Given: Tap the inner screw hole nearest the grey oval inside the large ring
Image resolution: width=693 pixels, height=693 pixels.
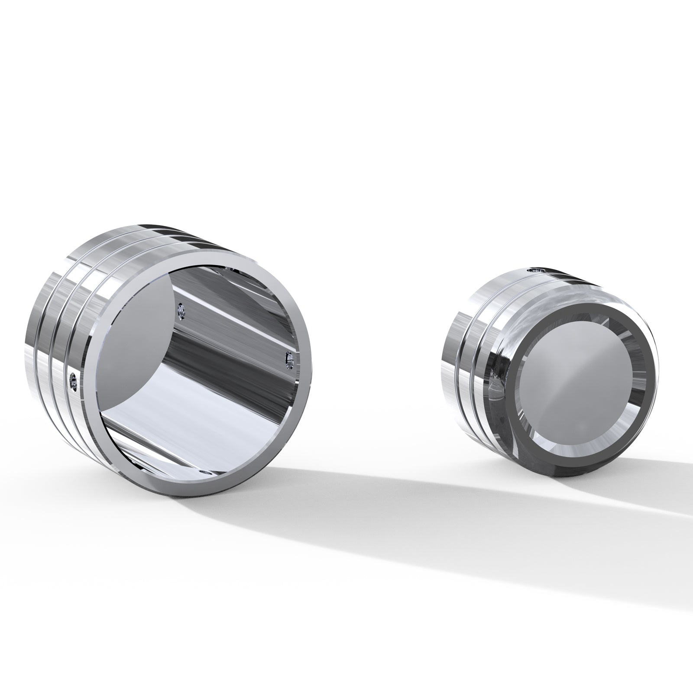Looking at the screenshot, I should click(181, 311).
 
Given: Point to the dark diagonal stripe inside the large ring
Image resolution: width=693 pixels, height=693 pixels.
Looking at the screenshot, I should click(217, 346).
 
